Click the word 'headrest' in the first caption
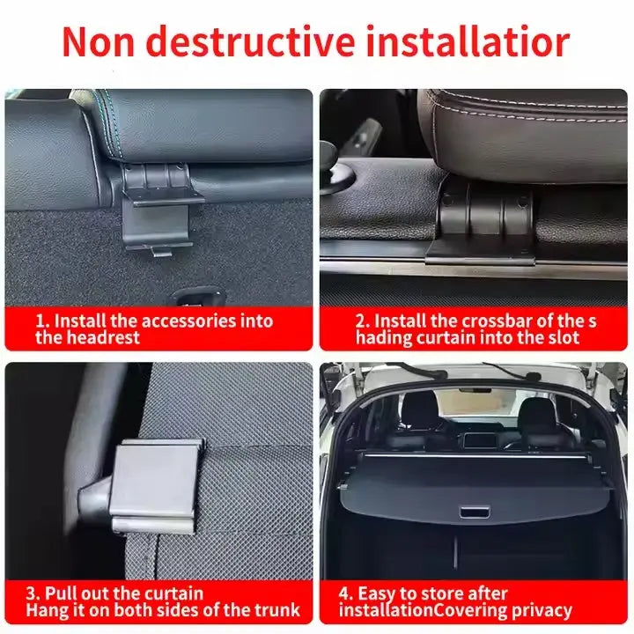point(103,338)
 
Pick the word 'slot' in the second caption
point(563,338)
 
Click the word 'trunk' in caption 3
point(273,610)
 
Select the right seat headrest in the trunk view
point(534,411)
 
